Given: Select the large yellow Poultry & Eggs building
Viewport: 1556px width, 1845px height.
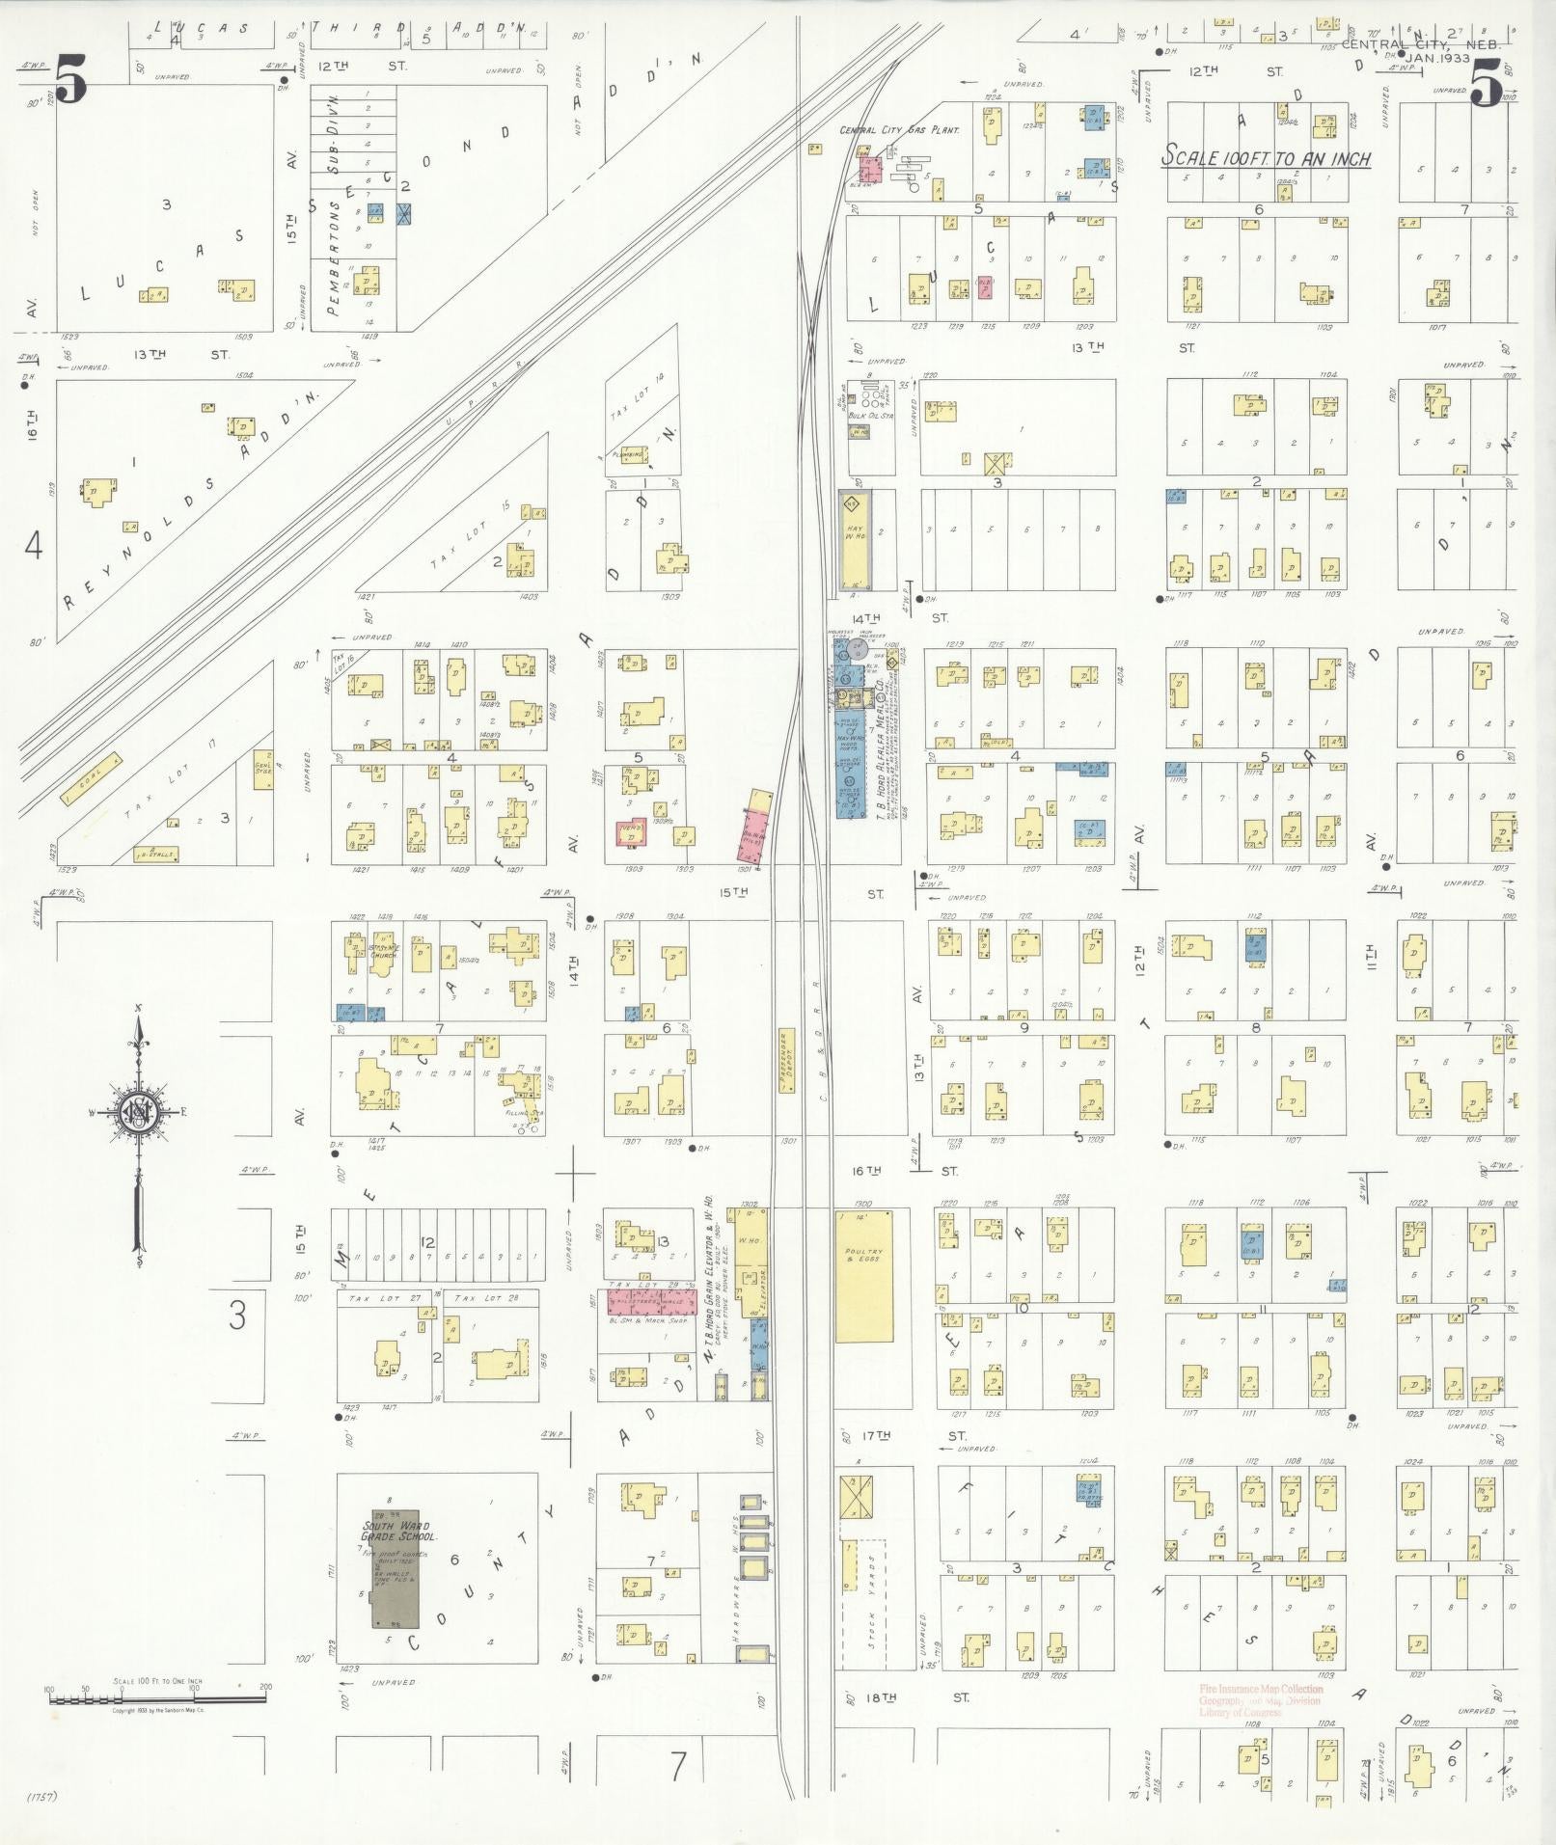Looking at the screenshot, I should pos(863,1275).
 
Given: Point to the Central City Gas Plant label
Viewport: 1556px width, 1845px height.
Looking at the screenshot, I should pos(899,129).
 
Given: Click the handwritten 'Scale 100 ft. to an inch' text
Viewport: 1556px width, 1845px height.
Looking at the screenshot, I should pos(1266,157).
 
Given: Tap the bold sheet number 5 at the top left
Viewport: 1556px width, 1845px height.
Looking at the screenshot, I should pos(70,80).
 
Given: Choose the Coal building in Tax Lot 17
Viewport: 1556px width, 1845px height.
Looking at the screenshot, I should pos(92,779).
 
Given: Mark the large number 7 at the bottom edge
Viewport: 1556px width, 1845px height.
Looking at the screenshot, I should pos(678,1766).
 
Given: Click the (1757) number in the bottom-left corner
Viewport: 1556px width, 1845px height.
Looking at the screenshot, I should pos(43,1797).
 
